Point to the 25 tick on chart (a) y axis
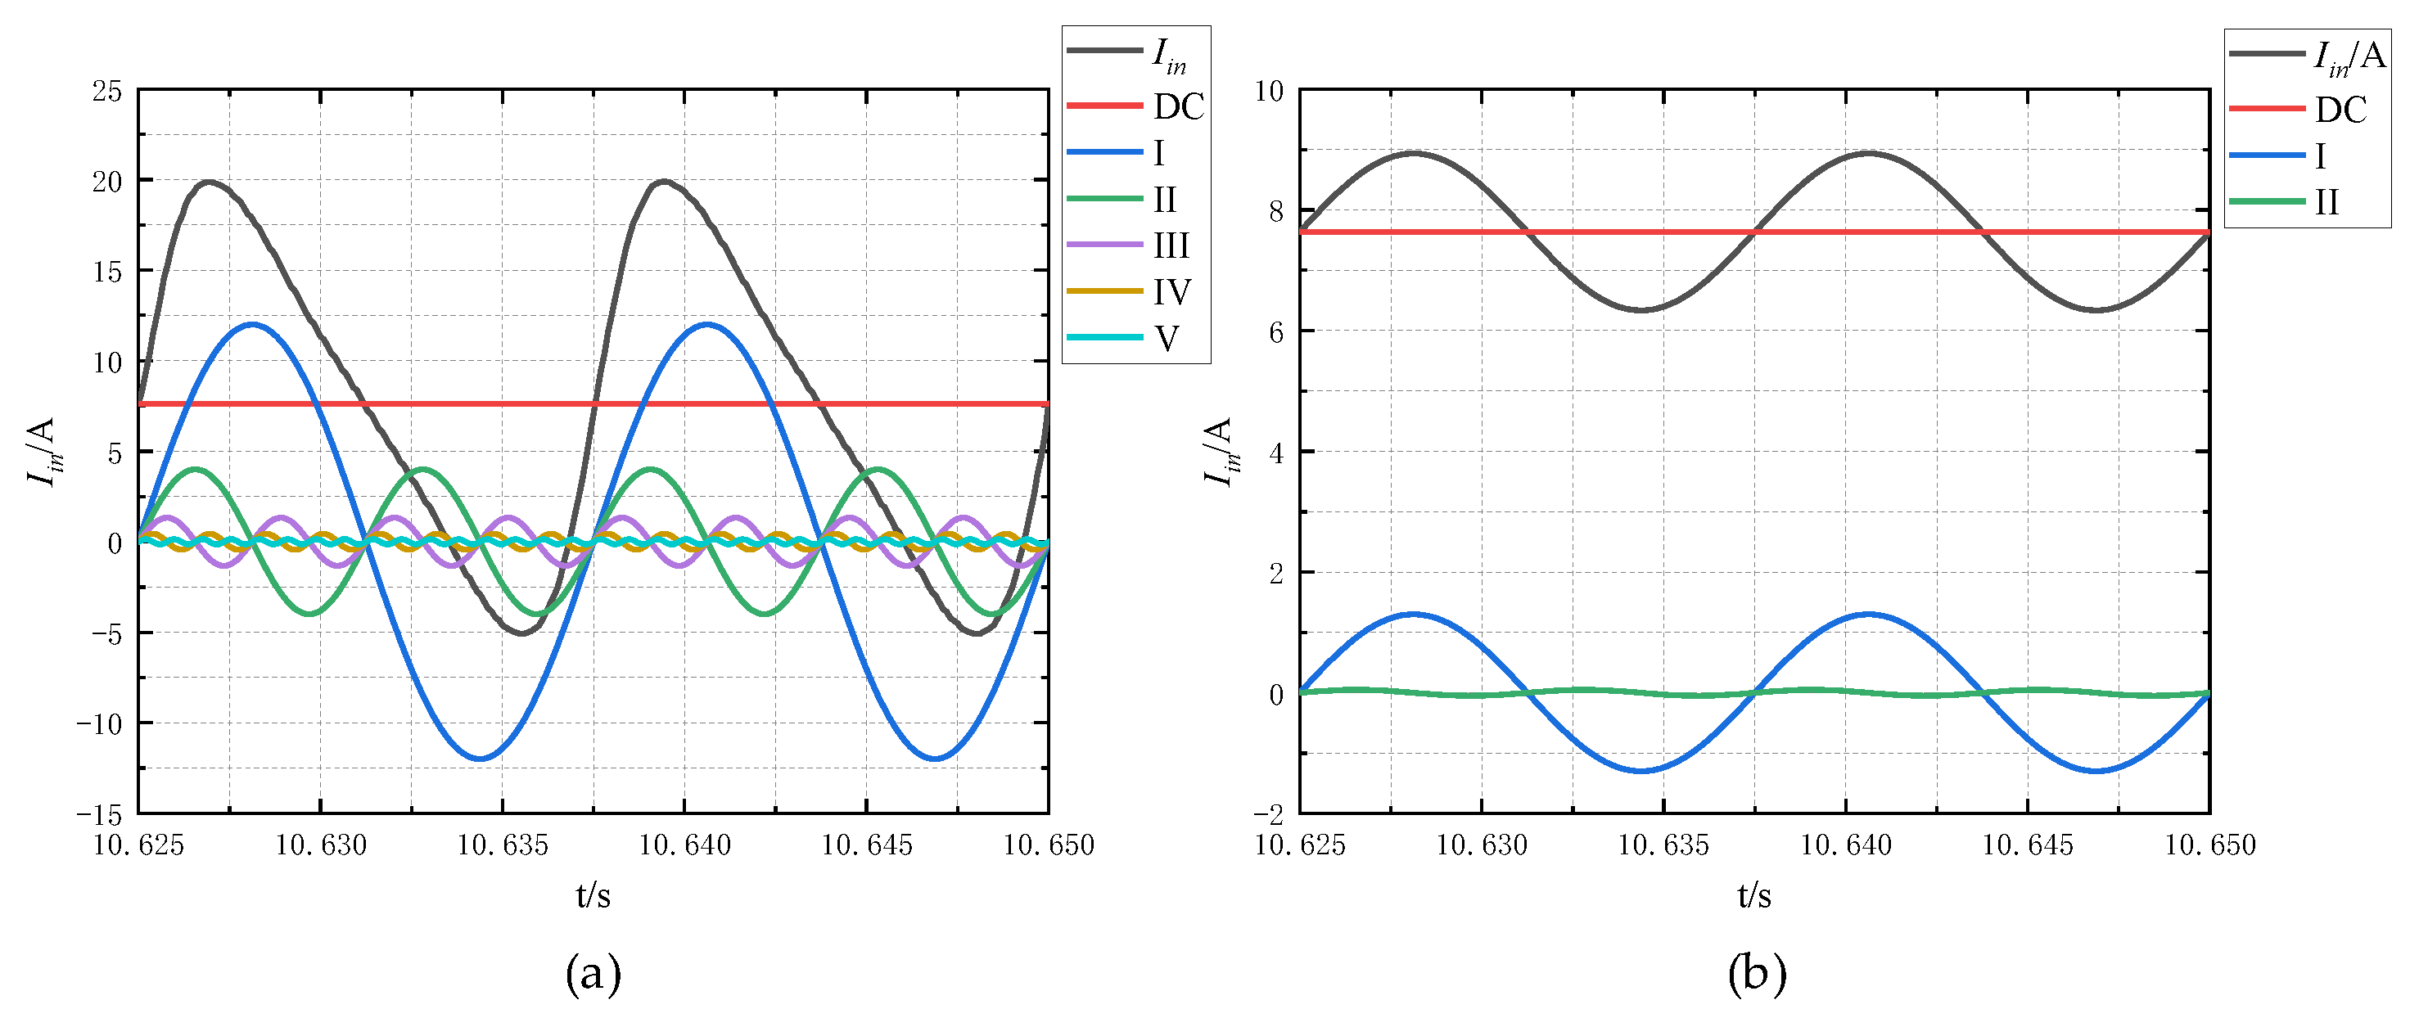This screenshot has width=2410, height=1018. pos(106,91)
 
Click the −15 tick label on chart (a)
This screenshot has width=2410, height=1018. pos(99,814)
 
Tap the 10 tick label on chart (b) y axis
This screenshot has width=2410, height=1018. pos(1268,91)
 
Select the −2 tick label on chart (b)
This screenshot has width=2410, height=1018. pos(1268,814)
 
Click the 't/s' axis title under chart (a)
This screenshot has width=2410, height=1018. pos(593,895)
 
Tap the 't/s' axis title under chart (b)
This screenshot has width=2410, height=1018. pos(1754,895)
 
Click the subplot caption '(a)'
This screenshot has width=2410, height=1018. pos(593,973)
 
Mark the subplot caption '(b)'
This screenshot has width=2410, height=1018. pos(1756,973)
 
